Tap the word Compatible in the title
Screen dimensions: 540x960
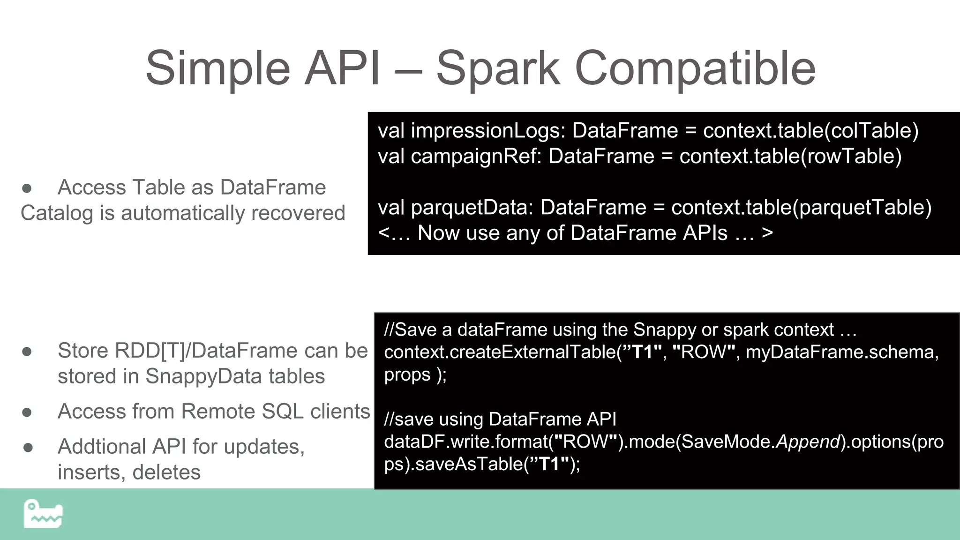(695, 69)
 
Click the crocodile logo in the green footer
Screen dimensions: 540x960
(43, 514)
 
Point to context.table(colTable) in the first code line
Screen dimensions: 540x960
(810, 131)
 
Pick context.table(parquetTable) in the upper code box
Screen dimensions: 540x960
(801, 208)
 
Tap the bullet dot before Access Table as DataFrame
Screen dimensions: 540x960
(27, 188)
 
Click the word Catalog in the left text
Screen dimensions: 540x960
(57, 213)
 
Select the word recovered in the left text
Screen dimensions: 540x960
(298, 213)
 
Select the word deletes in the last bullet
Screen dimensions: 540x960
(166, 472)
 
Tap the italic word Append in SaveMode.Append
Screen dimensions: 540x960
(808, 442)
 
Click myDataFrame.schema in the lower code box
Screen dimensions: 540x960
(842, 352)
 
